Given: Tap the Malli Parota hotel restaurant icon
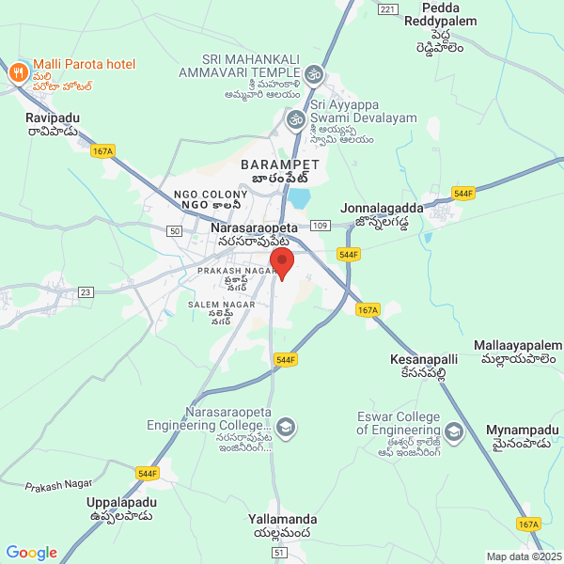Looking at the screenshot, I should pos(17,72).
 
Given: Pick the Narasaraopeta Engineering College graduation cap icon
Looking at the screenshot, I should pos(287,430).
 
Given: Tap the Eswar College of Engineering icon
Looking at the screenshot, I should pos(455,431).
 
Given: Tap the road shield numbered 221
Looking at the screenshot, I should pos(386,8).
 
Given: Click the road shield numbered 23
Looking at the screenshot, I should pos(86,292).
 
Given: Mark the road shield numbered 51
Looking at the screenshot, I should pos(278,553).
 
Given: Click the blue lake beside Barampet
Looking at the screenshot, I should pos(300,197).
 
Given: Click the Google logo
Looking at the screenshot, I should pos(31,553).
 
